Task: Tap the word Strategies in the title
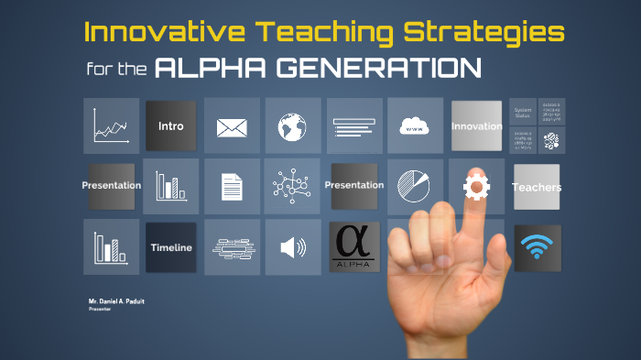click(484, 33)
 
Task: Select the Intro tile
click(170, 125)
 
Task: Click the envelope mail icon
click(232, 126)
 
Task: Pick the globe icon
click(292, 125)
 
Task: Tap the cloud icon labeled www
click(415, 126)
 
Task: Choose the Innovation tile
click(476, 125)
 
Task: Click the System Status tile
click(523, 112)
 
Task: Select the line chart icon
click(111, 125)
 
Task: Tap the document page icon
click(232, 187)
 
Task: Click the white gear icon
click(476, 187)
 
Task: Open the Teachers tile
click(537, 187)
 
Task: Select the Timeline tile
click(170, 247)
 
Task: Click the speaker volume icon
click(292, 247)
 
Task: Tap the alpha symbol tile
click(353, 247)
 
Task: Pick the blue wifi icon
click(537, 247)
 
